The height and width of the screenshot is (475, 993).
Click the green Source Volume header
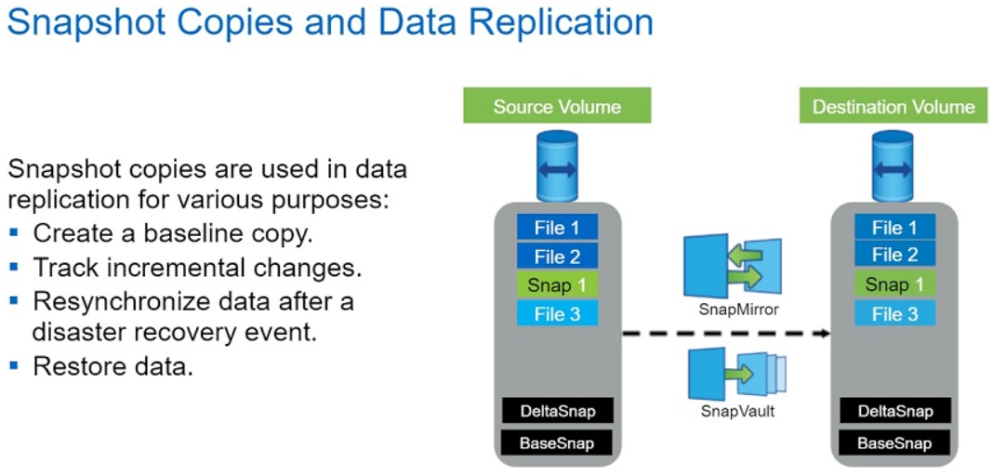557,105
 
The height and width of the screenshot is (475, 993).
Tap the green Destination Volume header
894,105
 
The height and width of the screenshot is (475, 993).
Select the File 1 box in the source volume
557,228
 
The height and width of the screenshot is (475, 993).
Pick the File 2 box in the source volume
557,257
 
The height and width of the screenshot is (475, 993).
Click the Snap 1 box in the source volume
557,285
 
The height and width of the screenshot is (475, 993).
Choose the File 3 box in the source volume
557,313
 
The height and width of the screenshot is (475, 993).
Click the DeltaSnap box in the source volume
557,412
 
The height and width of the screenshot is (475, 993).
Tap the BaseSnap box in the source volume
557,442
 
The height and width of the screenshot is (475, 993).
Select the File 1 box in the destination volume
894,228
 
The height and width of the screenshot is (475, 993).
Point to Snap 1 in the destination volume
894,284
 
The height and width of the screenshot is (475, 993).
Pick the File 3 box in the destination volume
894,313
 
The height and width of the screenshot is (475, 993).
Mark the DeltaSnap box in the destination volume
895,412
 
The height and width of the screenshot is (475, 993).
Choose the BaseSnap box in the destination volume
895,442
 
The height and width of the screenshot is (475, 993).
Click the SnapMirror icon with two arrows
732,265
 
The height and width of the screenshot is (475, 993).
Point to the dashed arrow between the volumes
726,333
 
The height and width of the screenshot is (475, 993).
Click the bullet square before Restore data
14,364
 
